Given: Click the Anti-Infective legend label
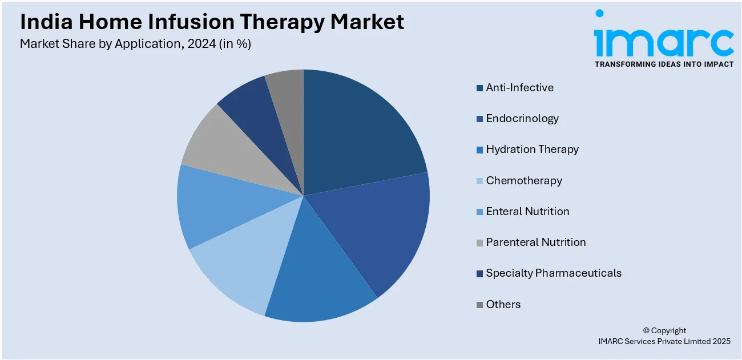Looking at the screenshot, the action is pos(520,88).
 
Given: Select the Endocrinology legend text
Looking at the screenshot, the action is pos(522,119).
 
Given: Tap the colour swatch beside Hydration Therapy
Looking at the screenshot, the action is pos(479,149).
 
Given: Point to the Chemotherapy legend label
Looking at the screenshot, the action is pos(524,180).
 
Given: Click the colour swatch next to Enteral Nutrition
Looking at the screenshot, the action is pos(479,212).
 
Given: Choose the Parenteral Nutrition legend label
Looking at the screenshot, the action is pos(536,242).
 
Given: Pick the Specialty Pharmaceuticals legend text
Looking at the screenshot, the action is pos(554,273).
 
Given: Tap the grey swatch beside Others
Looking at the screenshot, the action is pos(479,305).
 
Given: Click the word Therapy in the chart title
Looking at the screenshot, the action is pos(282,22).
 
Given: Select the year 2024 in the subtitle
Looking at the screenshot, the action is pos(201,44).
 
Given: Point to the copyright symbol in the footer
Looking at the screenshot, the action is pos(646,330).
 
